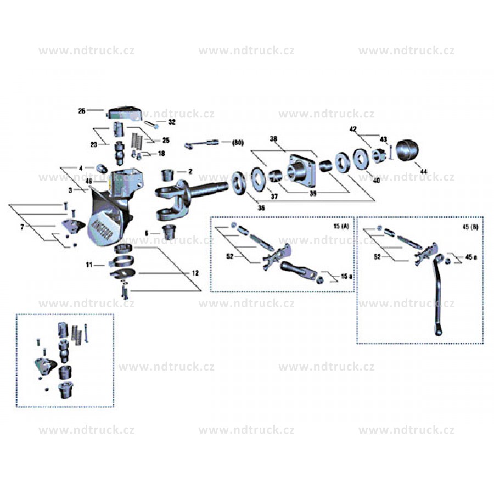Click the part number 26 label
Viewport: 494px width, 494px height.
coord(81,111)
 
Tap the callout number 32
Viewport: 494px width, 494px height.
coord(172,122)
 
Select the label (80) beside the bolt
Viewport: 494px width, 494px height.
coord(237,143)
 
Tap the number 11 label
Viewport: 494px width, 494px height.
coord(89,265)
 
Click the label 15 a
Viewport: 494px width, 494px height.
coord(346,277)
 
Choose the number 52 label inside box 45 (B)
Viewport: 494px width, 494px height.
coord(377,256)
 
